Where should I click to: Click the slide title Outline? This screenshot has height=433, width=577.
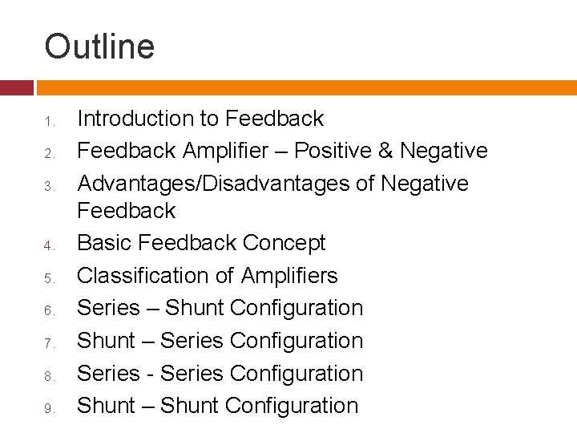tap(99, 47)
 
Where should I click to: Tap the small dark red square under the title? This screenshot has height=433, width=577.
tap(16, 87)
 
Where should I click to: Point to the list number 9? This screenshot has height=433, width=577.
tap(49, 409)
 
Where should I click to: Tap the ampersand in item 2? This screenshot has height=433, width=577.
tap(386, 151)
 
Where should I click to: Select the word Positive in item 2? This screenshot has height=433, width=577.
tap(334, 151)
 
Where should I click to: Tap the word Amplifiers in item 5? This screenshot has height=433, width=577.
tap(289, 276)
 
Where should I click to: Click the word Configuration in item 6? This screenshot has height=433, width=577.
tap(296, 308)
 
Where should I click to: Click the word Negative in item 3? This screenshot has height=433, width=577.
tap(425, 184)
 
